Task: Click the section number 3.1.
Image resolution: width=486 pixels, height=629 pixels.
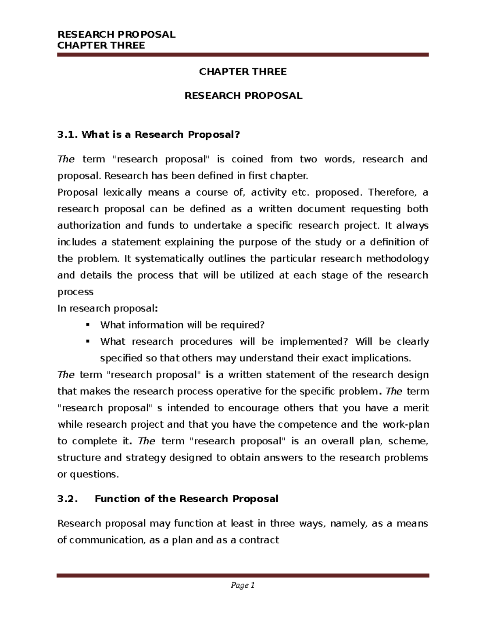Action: coord(67,134)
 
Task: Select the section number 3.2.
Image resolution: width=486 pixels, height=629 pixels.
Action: coord(67,499)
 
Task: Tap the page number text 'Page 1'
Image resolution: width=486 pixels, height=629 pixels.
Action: coord(243,585)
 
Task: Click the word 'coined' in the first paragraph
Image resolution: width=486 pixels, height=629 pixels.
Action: coord(247,159)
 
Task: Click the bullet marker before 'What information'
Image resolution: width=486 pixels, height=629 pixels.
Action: coord(88,325)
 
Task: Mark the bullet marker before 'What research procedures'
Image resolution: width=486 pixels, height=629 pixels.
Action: coord(88,341)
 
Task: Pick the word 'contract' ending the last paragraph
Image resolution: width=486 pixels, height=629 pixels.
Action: coord(260,540)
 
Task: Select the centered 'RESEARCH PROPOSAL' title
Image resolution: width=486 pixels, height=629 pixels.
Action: coord(243,96)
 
